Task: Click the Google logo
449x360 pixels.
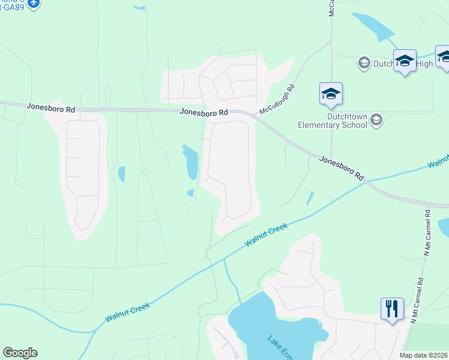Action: click(x=20, y=353)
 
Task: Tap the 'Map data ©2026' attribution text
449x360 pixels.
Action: click(x=423, y=355)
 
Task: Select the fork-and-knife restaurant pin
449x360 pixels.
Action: click(x=392, y=310)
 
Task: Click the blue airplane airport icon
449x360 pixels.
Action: click(x=33, y=4)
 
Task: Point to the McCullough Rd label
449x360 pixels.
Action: click(x=277, y=100)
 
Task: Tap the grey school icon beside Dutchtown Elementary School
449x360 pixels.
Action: click(x=376, y=121)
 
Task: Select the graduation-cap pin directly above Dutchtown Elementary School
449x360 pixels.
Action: click(x=331, y=94)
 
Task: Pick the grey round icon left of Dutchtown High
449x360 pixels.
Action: click(x=363, y=62)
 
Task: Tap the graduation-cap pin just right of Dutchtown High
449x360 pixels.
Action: click(x=405, y=61)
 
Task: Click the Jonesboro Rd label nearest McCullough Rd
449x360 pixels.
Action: click(x=204, y=112)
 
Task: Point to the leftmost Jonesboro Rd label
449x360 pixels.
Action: click(x=50, y=108)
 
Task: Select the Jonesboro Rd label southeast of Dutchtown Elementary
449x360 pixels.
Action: click(x=342, y=168)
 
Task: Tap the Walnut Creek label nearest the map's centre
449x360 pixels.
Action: click(x=267, y=235)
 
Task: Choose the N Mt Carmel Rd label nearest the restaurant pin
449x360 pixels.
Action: click(x=418, y=301)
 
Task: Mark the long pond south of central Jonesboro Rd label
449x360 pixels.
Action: click(x=191, y=161)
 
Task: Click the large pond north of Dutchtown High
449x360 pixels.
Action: click(x=373, y=26)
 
